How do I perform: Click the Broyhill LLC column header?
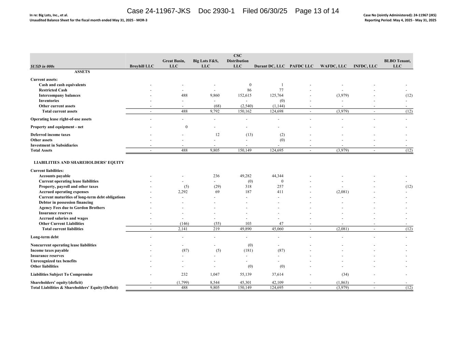142,66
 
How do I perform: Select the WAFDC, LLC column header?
333,66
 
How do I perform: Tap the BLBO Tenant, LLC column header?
397,63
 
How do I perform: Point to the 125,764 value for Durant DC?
276,96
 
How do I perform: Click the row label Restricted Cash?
53,90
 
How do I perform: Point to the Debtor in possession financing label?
66,202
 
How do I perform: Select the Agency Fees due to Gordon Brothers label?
72,208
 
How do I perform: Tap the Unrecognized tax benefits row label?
54,261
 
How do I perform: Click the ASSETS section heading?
82,72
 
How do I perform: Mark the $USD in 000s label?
42,66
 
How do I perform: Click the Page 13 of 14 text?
317,11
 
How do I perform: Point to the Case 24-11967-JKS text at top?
158,11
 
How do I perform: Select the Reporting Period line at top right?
400,20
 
